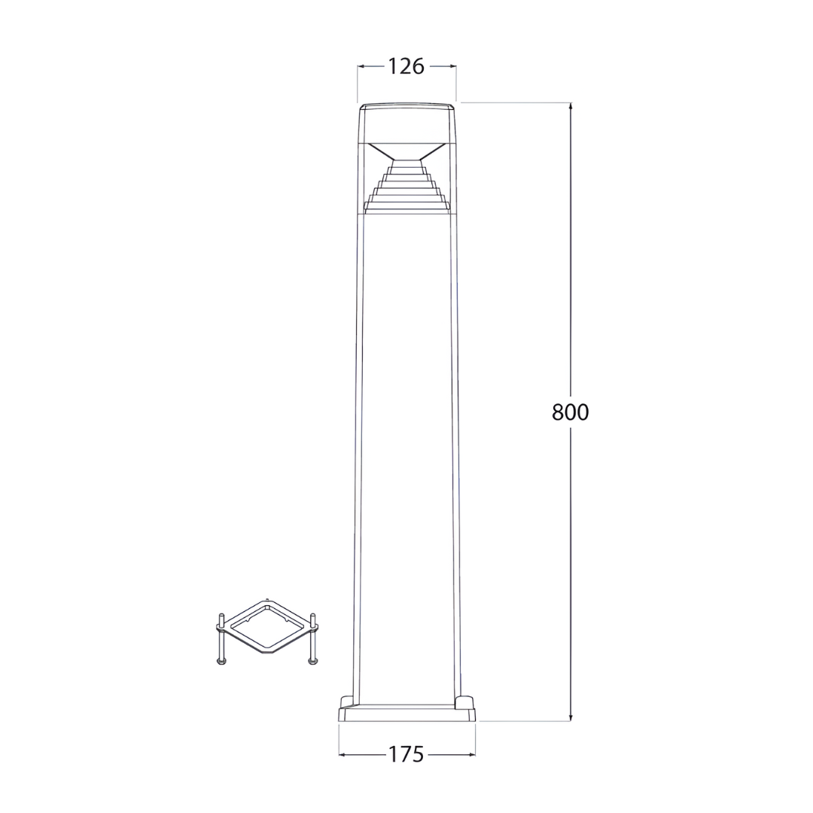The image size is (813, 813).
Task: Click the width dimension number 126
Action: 406,66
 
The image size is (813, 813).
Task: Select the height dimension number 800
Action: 570,412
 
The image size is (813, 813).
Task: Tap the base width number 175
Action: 406,754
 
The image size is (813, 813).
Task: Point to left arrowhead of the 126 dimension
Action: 361,66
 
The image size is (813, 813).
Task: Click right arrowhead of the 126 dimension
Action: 452,66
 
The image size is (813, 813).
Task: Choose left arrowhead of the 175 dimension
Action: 343,754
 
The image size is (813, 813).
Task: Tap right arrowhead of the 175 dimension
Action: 471,754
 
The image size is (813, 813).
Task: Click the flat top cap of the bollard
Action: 406,106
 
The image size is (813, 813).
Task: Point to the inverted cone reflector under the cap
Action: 406,151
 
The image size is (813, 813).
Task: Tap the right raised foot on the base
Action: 466,702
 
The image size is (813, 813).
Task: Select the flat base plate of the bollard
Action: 406,714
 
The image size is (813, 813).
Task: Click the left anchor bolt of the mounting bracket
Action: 221,640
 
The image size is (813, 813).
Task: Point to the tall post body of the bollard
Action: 406,452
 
